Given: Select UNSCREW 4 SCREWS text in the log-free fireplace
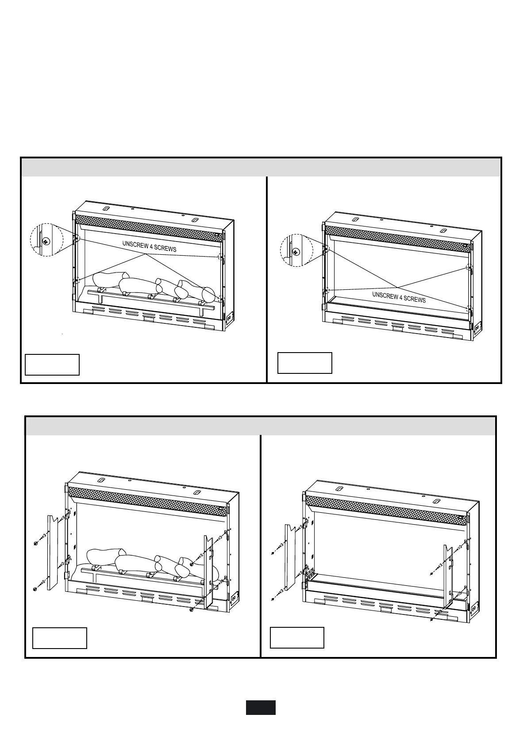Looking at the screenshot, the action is click(x=399, y=296).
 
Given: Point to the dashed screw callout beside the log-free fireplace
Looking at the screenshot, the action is click(x=296, y=250).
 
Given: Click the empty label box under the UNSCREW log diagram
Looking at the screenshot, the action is click(x=52, y=364).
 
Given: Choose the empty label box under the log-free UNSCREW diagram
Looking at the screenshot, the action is click(x=304, y=363).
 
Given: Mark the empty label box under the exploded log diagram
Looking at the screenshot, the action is click(x=60, y=637).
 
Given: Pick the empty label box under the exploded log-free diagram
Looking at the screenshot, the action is click(x=297, y=637).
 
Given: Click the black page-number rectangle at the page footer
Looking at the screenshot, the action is click(x=261, y=707).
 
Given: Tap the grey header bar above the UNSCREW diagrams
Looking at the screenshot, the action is click(x=261, y=167).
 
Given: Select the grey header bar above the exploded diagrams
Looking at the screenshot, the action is click(x=260, y=426).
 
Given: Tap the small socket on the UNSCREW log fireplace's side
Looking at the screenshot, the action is click(x=229, y=317).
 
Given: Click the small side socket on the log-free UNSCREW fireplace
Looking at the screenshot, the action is click(x=477, y=328).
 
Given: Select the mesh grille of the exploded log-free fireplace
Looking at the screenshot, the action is click(x=385, y=508).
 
